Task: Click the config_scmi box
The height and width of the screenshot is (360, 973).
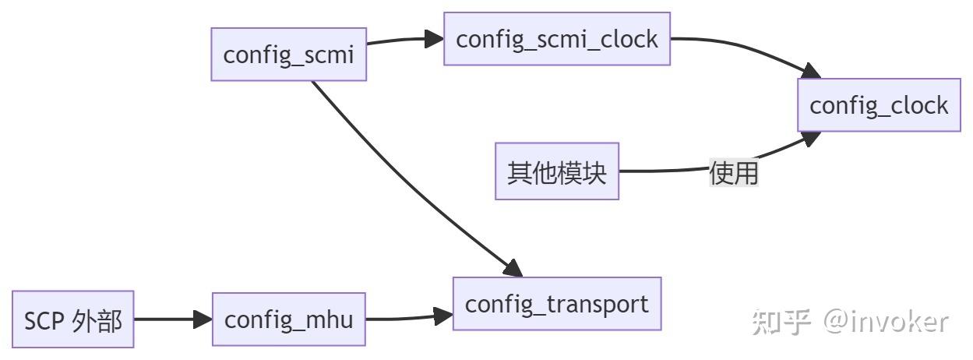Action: point(288,55)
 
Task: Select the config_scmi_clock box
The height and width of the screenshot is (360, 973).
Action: point(557,39)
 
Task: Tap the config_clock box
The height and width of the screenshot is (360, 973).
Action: point(879,105)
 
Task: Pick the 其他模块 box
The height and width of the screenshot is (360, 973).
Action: point(557,171)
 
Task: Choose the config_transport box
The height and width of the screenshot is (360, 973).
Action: point(557,304)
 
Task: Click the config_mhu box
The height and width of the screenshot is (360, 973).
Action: point(288,319)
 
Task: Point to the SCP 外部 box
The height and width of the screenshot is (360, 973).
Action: point(73,319)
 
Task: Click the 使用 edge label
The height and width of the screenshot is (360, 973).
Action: point(733,172)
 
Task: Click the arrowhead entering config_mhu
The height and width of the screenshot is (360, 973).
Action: point(203,319)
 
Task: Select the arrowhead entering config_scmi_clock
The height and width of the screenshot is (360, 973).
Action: point(435,39)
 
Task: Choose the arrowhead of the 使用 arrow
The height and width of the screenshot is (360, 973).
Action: point(812,138)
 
